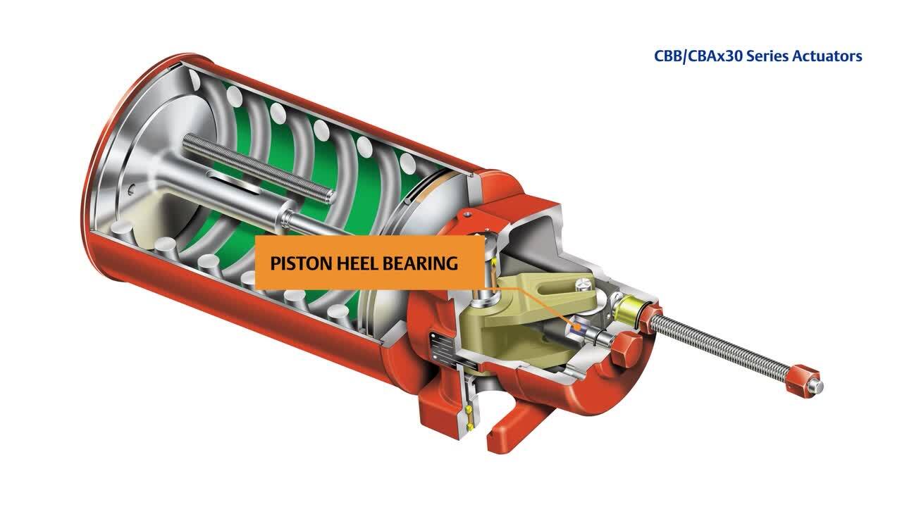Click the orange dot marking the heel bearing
tap(577, 327)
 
